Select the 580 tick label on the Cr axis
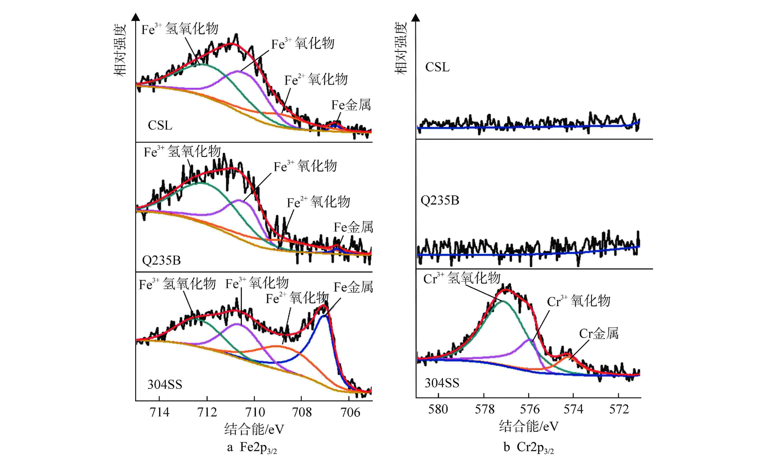(438, 409)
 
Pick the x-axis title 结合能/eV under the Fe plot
(254, 429)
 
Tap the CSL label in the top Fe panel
(160, 125)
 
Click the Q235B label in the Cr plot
(440, 201)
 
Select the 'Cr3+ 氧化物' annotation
(578, 301)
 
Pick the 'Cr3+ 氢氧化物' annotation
(462, 278)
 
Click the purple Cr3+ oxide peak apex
(530, 340)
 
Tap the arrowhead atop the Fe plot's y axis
(136, 17)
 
